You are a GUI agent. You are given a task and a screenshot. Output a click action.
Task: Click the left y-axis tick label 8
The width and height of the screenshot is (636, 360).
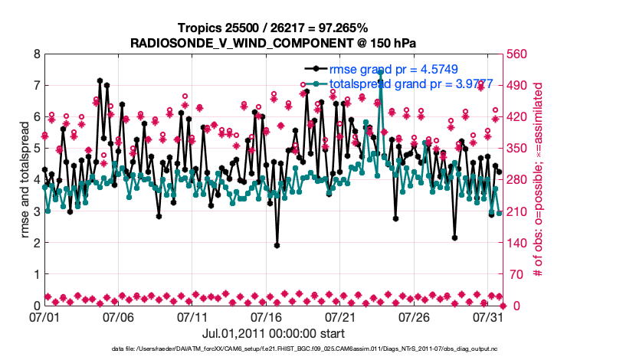tap(36, 54)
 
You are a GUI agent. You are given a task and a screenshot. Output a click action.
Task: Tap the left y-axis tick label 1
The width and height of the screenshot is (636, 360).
tap(36, 274)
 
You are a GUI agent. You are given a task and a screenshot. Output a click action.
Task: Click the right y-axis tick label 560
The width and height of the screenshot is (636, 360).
tap(518, 54)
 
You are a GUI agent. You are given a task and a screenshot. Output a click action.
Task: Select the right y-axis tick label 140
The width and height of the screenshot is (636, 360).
tap(518, 243)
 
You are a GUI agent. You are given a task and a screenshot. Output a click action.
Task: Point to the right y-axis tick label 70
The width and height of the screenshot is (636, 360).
tap(515, 274)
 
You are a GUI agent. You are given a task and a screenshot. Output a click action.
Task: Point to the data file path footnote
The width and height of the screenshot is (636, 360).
tap(304, 349)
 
